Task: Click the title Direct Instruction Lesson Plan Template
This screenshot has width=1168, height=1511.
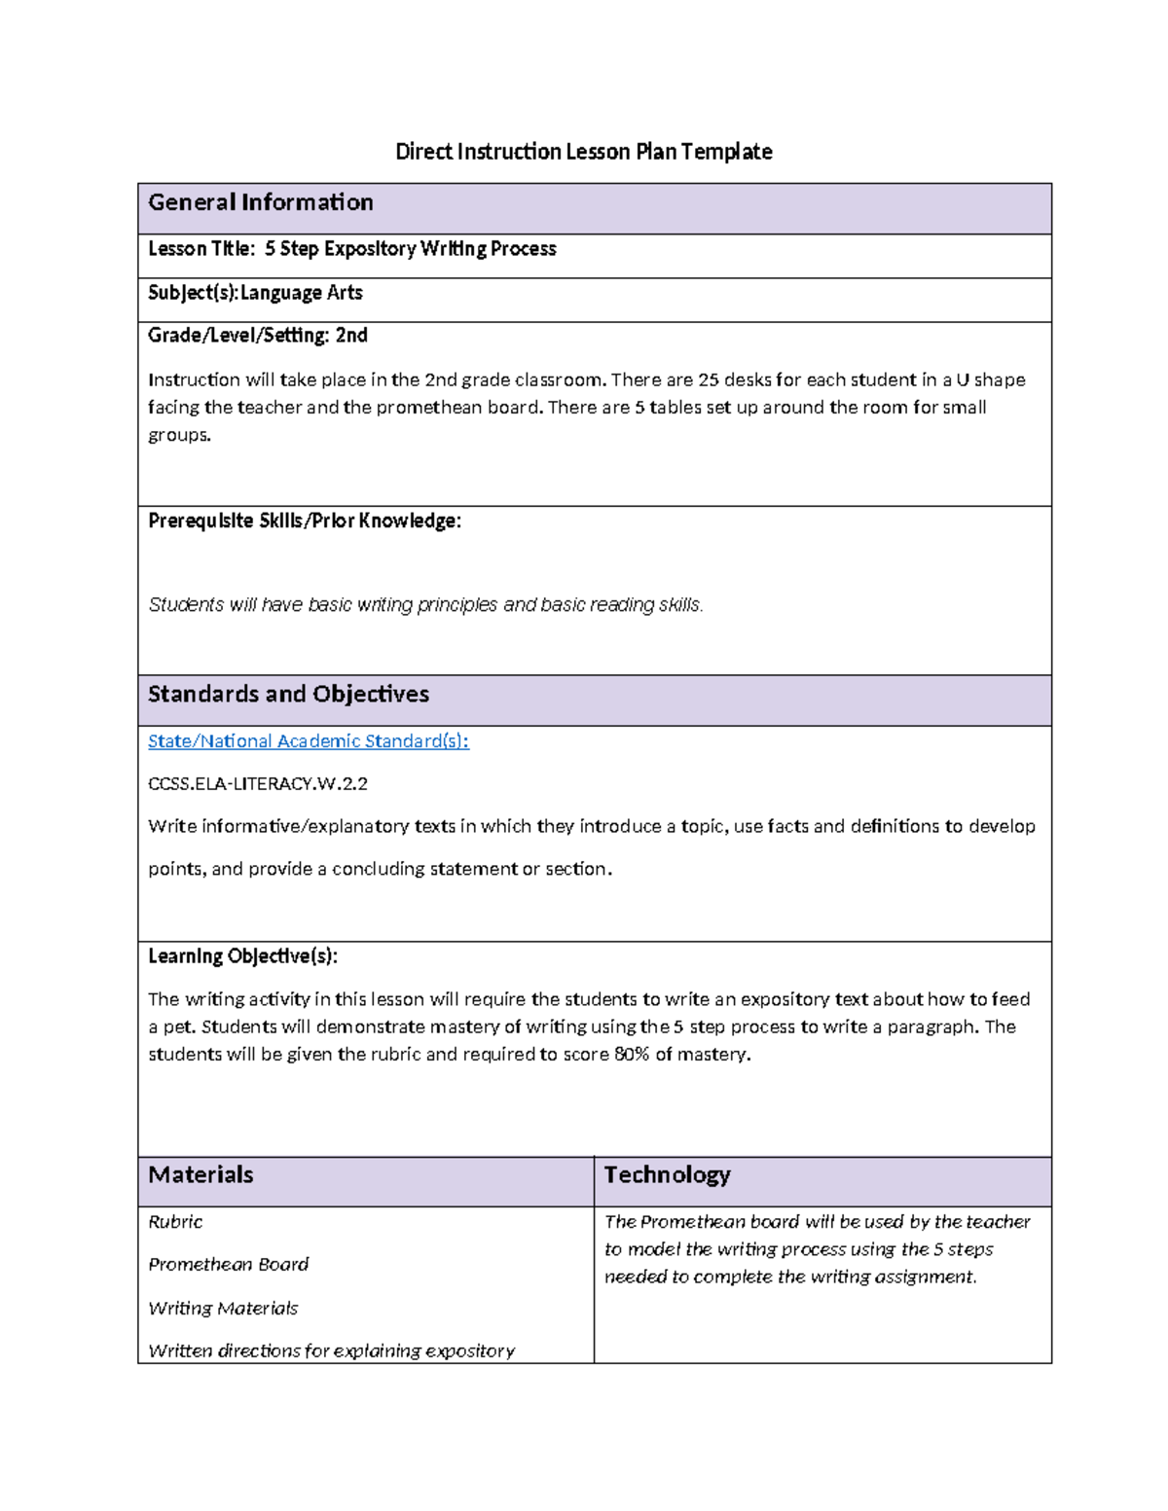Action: [x=583, y=152]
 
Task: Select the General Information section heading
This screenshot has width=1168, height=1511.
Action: [x=261, y=202]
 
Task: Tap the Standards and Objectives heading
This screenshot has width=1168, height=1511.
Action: [x=288, y=694]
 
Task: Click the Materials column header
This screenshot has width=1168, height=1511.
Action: [x=201, y=1174]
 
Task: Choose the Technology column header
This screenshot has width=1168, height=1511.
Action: [x=667, y=1174]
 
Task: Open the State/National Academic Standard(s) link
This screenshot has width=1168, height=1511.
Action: [x=308, y=741]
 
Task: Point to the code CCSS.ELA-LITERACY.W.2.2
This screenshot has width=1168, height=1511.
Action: [x=258, y=783]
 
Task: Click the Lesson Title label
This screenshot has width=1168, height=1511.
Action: [x=200, y=249]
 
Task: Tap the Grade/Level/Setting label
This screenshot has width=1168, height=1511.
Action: [x=238, y=336]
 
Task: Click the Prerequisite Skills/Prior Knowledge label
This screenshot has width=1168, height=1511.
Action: [x=304, y=522]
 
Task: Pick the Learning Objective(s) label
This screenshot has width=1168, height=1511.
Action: [x=242, y=956]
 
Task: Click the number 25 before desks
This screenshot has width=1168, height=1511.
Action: [x=709, y=379]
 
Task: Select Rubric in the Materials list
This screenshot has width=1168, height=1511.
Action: [x=175, y=1222]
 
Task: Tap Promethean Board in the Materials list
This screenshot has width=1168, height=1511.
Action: [x=228, y=1265]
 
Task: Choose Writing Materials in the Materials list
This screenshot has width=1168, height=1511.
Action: [x=223, y=1309]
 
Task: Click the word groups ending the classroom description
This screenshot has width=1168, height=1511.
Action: [x=178, y=435]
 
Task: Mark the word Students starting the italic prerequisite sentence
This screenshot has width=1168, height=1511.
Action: [x=185, y=605]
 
